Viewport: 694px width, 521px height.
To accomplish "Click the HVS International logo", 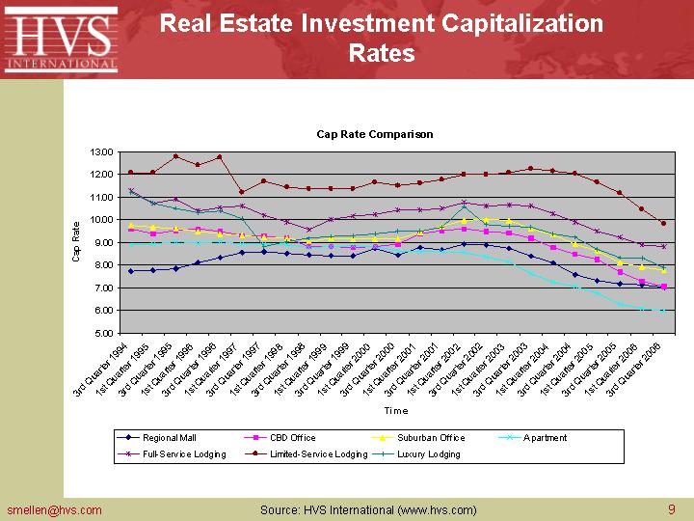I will [61, 40].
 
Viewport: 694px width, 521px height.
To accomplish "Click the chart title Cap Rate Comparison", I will [375, 134].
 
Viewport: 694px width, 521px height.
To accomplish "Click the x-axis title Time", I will [395, 410].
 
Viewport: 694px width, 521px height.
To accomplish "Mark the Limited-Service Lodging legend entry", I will [318, 452].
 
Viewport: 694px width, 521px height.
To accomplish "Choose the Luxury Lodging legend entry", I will [428, 452].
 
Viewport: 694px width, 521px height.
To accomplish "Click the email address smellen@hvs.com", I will [54, 509].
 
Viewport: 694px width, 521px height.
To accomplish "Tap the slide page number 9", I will [671, 509].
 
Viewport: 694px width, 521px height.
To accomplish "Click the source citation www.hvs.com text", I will [432, 509].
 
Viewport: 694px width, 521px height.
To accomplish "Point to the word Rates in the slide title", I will [382, 53].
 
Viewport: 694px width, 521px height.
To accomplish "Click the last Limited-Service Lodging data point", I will [663, 223].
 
